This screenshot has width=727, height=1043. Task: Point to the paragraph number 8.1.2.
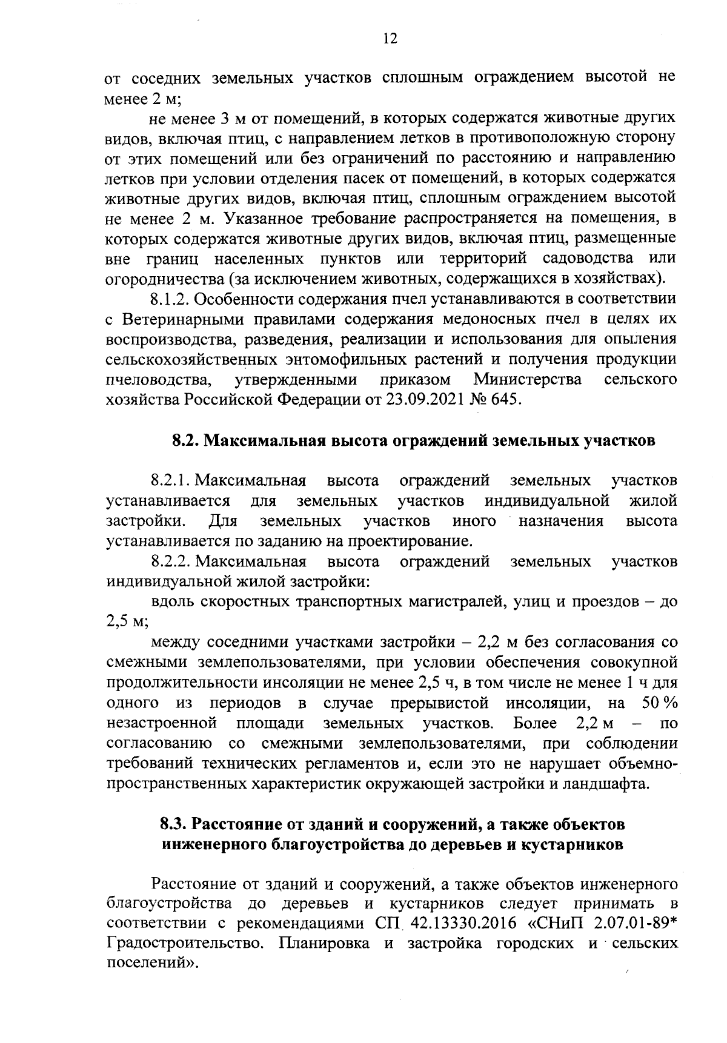(x=170, y=299)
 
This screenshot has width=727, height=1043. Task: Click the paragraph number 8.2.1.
(x=173, y=482)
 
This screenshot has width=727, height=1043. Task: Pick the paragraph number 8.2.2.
(x=173, y=562)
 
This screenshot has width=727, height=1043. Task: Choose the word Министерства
(x=527, y=380)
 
